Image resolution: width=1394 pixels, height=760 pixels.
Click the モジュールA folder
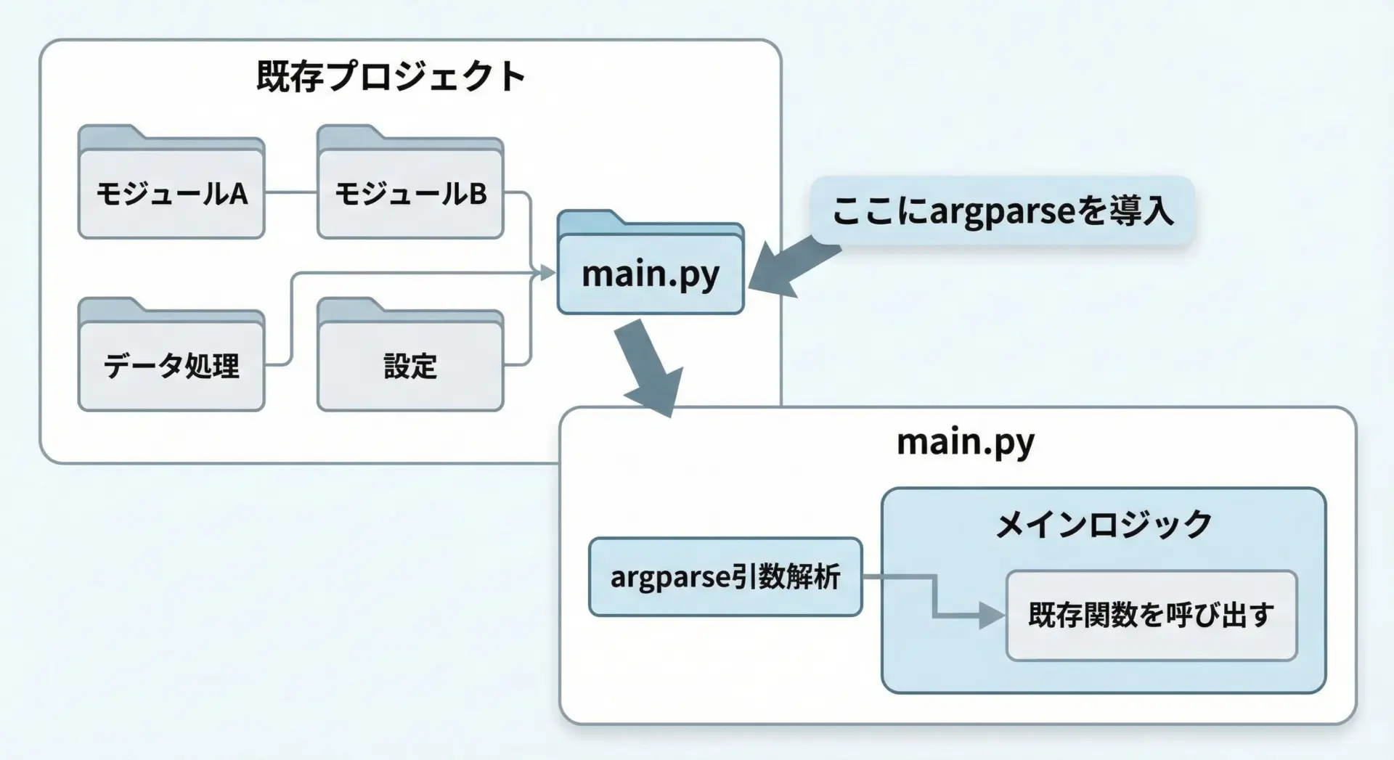(x=171, y=193)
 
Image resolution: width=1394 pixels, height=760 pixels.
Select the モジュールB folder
(x=410, y=193)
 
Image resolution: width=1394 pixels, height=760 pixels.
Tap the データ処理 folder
(x=171, y=365)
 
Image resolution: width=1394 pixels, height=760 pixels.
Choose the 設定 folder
(x=410, y=365)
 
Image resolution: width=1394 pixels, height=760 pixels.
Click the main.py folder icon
(x=651, y=273)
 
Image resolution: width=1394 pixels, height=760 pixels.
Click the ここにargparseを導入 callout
(x=1002, y=211)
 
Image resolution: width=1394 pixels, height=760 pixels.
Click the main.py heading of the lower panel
(x=965, y=441)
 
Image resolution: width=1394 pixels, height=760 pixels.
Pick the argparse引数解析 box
(x=725, y=577)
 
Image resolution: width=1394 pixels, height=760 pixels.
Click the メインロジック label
(x=1103, y=524)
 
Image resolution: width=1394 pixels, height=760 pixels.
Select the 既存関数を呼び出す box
(x=1151, y=616)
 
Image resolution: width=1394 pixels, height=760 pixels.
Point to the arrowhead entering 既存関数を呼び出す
(x=992, y=616)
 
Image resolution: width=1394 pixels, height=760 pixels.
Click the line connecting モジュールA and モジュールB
(x=290, y=192)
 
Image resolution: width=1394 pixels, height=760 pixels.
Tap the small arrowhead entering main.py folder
(x=546, y=273)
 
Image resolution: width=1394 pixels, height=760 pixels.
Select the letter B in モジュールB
(x=478, y=194)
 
